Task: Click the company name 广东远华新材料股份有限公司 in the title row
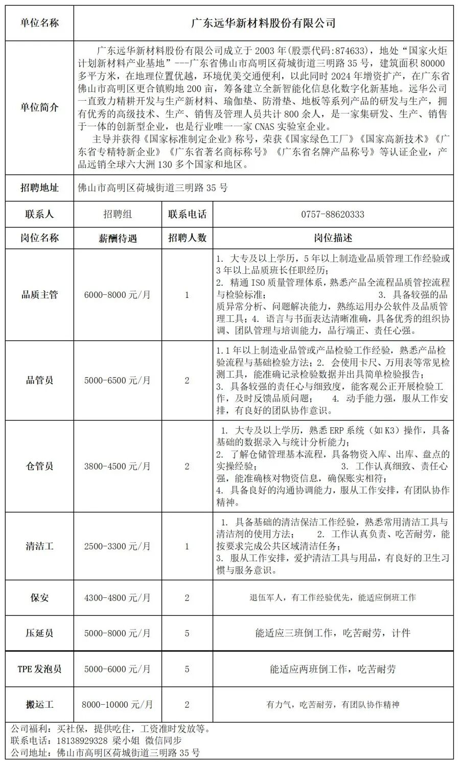(263, 23)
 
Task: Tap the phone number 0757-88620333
(333, 214)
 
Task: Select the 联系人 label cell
(39, 214)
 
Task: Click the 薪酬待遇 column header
(117, 238)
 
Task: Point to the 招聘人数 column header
(187, 238)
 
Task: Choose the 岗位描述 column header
(333, 238)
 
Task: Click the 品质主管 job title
(39, 294)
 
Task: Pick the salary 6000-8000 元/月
(117, 294)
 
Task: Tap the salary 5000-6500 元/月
(117, 380)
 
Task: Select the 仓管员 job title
(39, 466)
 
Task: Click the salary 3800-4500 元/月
(117, 466)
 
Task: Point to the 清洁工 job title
(39, 546)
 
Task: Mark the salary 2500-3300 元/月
(117, 546)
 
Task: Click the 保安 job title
(39, 597)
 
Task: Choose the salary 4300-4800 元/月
(117, 597)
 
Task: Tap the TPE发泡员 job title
(39, 669)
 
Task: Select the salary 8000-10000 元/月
(117, 705)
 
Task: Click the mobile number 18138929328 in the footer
(82, 740)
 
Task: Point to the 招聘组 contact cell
(117, 214)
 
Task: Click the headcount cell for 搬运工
(187, 705)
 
